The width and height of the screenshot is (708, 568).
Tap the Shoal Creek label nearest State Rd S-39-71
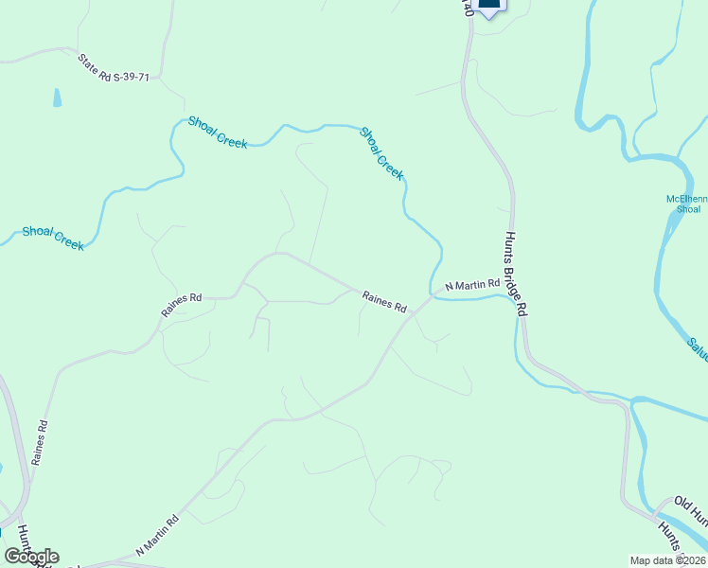(x=218, y=132)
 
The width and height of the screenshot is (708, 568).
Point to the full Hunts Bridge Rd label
(x=516, y=274)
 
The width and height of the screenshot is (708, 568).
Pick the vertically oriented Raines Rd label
(x=39, y=442)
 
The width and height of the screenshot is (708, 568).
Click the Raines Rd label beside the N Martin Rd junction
(x=384, y=302)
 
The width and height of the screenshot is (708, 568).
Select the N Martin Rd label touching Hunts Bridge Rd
(x=472, y=284)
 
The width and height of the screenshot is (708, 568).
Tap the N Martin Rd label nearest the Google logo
(x=157, y=535)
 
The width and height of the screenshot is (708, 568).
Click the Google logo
(x=31, y=557)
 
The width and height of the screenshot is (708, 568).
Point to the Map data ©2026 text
(x=668, y=560)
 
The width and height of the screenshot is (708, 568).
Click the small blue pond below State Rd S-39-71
(x=57, y=97)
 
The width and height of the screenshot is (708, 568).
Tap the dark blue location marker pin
(x=488, y=6)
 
